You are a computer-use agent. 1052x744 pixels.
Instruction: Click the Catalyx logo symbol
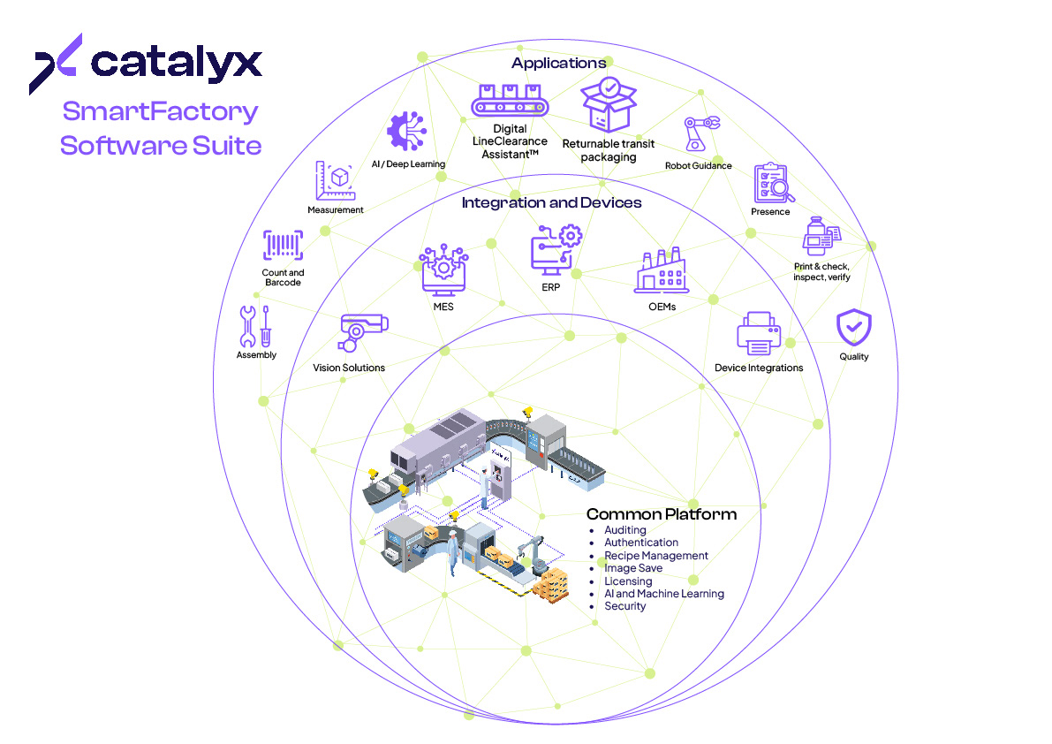click(x=57, y=64)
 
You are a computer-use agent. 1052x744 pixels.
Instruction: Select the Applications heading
click(x=558, y=63)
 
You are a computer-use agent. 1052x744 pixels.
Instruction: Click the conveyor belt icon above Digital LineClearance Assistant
click(x=509, y=100)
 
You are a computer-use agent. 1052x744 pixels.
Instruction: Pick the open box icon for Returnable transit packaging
click(x=609, y=105)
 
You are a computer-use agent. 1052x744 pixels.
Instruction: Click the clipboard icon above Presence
click(x=772, y=183)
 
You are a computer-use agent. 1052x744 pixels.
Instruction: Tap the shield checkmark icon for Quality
click(x=853, y=327)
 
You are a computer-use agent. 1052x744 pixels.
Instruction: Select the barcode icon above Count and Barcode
click(x=283, y=247)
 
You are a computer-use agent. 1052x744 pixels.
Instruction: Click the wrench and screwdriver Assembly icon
click(x=255, y=326)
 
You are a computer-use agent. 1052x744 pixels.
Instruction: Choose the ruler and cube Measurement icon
click(x=335, y=181)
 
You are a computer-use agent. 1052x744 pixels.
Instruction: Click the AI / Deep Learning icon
click(x=407, y=133)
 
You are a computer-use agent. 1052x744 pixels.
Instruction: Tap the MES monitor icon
click(x=443, y=270)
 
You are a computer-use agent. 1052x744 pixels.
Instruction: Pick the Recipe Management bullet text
click(x=655, y=556)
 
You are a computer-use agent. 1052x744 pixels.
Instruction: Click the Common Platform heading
click(x=661, y=514)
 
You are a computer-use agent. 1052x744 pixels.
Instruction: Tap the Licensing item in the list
click(x=628, y=581)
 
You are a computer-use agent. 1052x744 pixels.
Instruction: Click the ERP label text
click(x=551, y=286)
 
